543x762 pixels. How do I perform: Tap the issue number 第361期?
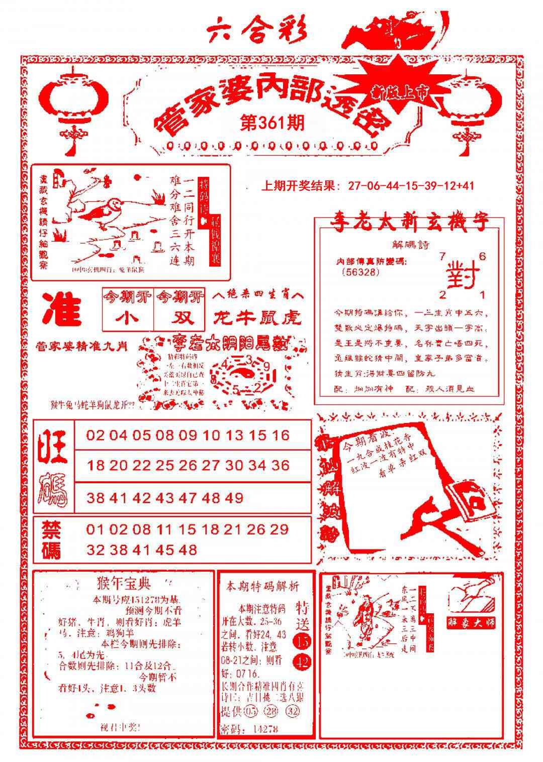tap(272, 123)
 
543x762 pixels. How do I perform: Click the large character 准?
tap(62, 310)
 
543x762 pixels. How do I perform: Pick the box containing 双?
tap(179, 318)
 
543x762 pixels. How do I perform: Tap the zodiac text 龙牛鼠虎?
tap(257, 317)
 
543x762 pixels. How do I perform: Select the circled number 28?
tap(273, 712)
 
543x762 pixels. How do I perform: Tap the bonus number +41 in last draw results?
tap(465, 186)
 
